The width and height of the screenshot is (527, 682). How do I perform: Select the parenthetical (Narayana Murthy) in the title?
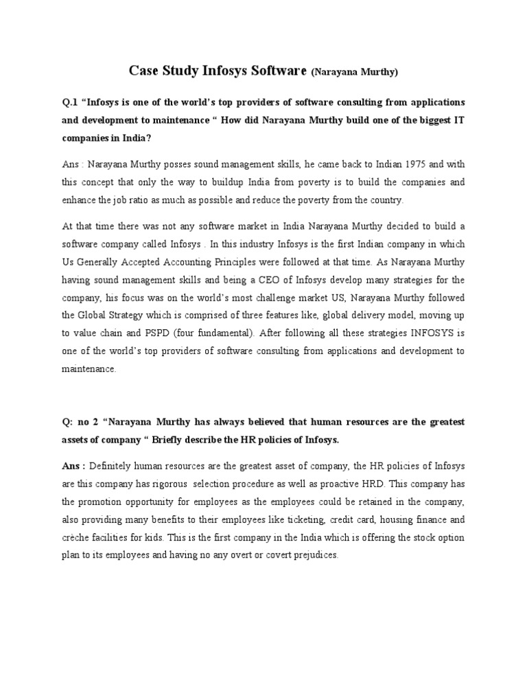(354, 71)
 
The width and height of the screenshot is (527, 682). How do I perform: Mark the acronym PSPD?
(134, 333)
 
